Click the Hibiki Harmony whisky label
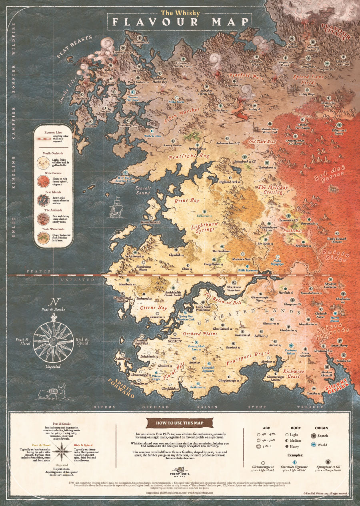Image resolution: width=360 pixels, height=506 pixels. [x=246, y=270]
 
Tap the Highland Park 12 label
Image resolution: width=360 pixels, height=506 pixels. [x=230, y=181]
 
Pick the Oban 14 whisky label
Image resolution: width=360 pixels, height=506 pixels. [x=187, y=269]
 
